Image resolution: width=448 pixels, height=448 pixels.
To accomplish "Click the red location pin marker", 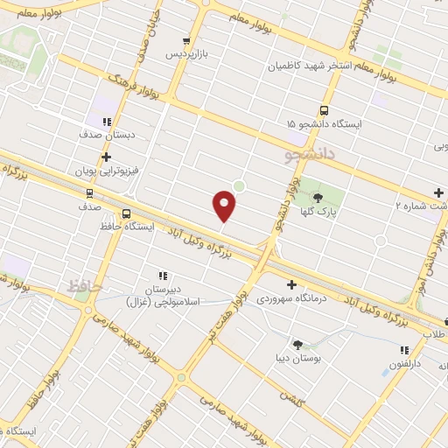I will [225, 206].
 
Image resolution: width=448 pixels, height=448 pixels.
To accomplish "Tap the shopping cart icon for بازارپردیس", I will [185, 41].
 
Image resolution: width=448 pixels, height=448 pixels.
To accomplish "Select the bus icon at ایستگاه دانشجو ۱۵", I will [324, 111].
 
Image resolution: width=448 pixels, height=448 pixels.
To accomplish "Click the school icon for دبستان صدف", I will [106, 122].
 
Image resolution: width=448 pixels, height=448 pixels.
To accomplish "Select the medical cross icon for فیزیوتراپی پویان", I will [106, 157].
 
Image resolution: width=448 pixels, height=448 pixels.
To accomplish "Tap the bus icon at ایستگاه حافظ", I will [127, 213].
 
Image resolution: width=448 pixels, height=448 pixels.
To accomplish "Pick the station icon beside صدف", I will [88, 193].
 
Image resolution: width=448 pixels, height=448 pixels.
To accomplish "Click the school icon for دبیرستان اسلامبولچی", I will [162, 275].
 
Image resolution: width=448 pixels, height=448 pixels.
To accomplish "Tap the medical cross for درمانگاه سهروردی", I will [291, 284].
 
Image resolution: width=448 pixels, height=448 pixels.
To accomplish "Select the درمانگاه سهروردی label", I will [290, 298].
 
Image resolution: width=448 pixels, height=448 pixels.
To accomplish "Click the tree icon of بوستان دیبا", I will [297, 345].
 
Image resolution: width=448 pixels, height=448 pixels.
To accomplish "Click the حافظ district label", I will [85, 286].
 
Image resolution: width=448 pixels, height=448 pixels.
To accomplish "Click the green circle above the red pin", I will [238, 185].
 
